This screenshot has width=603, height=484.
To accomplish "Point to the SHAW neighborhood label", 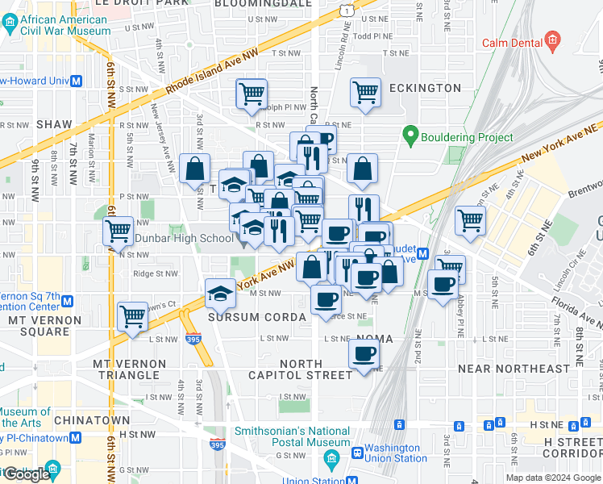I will click(x=54, y=125).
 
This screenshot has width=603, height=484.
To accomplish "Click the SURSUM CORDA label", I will click(x=256, y=317).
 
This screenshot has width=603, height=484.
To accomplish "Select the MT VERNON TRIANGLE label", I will click(x=130, y=369).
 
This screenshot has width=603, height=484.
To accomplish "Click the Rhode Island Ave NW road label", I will click(x=211, y=71).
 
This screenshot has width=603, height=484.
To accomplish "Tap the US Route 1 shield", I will click(x=345, y=10).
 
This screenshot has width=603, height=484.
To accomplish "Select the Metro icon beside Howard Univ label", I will click(x=77, y=81).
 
